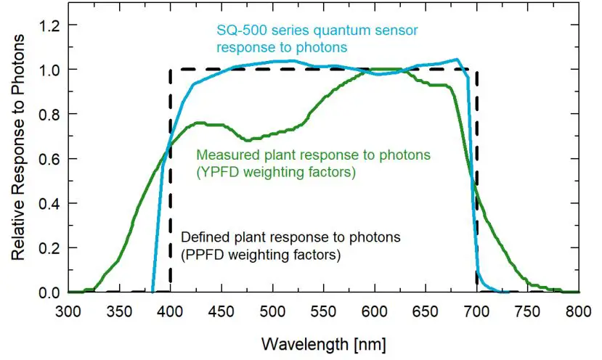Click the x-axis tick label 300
click(68, 311)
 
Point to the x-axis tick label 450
click(221, 311)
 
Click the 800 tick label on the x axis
click(579, 311)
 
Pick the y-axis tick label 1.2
click(47, 25)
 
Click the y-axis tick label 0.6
click(47, 159)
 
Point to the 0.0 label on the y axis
click(47, 292)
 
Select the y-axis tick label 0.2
click(47, 247)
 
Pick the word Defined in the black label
click(200, 237)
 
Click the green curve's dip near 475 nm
click(248, 140)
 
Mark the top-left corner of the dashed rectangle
click(171, 70)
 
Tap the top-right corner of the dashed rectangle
click(476, 70)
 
